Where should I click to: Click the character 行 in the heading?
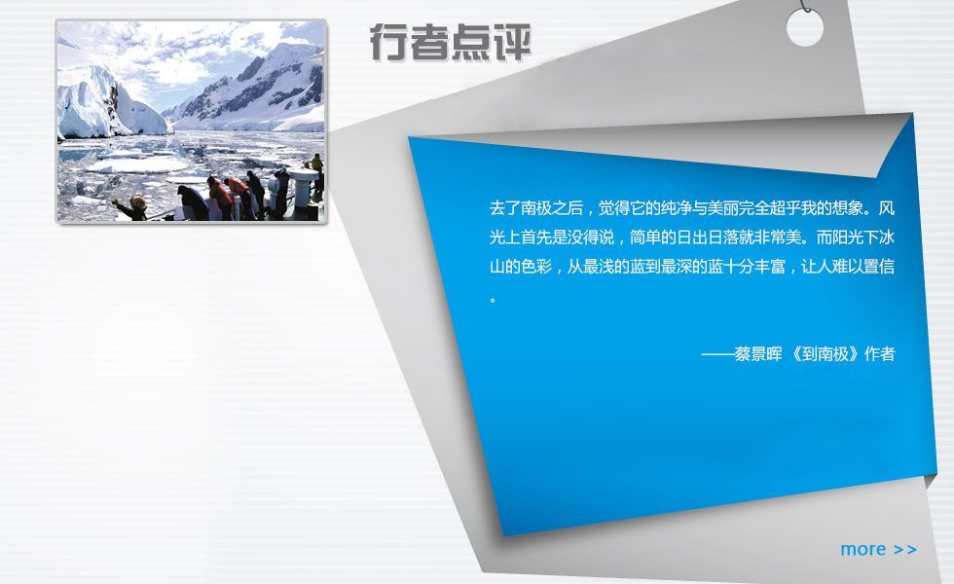389,43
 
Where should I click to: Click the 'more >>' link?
878,549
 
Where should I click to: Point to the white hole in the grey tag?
804,28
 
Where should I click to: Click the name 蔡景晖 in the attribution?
758,354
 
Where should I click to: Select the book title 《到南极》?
825,354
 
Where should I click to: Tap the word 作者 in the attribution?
879,354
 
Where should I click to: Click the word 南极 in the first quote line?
536,208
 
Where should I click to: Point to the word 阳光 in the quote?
848,237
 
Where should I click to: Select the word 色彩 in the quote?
536,267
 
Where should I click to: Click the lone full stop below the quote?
493,300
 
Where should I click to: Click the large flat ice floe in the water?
137,164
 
